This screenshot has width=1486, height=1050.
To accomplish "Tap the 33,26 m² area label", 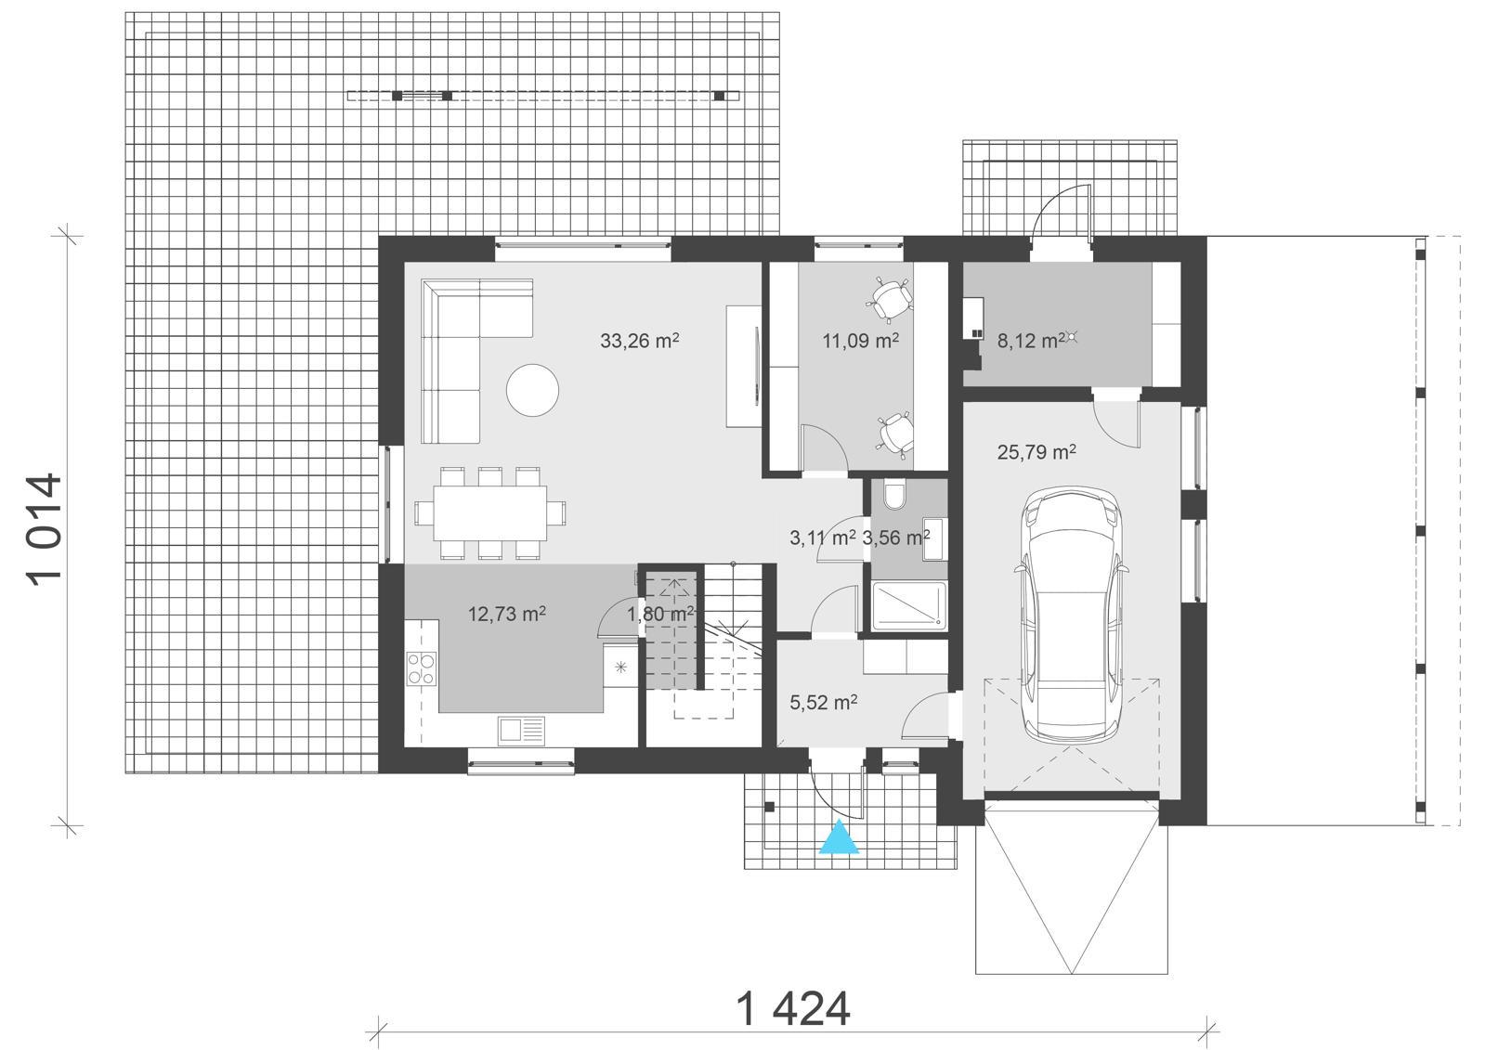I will tap(639, 341).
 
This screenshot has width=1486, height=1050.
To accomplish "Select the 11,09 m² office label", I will tap(860, 341).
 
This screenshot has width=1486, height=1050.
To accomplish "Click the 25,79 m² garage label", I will tap(1036, 452).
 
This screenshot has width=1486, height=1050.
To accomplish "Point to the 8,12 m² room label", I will tap(1030, 341).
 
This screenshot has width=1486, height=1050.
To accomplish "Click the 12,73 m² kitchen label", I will tap(506, 614).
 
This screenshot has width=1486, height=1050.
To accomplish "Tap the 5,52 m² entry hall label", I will tap(823, 703).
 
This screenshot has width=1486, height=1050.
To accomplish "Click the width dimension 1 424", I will tap(792, 1009).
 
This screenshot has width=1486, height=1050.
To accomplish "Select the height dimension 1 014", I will tap(45, 528).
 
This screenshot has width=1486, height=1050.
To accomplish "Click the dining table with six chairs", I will tap(489, 513).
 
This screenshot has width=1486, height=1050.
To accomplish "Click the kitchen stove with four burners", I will tap(422, 668).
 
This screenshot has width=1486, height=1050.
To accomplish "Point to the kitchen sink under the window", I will tap(521, 731).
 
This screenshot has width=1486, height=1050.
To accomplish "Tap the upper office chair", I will tap(891, 297).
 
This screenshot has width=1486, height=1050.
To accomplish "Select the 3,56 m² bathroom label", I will tap(895, 538).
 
